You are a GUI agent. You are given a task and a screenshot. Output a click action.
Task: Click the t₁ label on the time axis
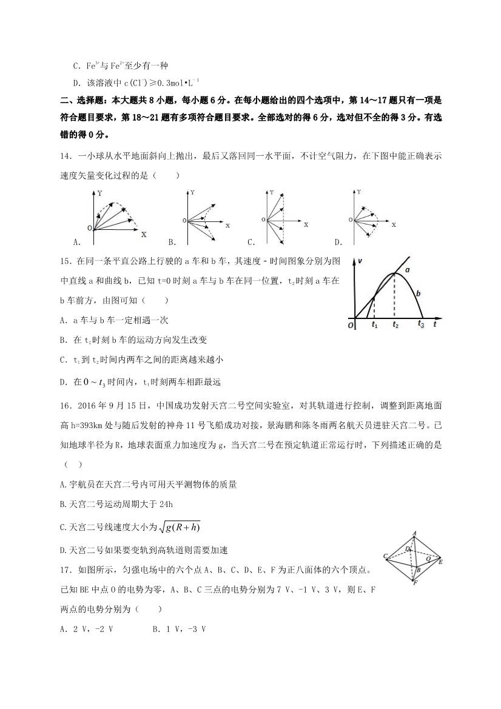pos(374,326)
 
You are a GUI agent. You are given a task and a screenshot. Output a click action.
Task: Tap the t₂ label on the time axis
pos(395,326)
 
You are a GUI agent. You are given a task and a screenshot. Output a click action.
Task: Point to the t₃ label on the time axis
pos(421,326)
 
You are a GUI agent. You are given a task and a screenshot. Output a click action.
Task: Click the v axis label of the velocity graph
pos(360,260)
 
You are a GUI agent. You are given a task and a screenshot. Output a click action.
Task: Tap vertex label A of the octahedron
pos(414,534)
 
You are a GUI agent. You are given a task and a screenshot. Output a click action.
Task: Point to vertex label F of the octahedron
pos(414,582)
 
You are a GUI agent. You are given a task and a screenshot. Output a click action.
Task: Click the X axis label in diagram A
pos(143,234)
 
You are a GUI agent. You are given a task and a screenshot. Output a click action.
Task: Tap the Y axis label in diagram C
pos(271,192)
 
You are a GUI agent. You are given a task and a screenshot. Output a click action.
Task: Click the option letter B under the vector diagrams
pos(172,242)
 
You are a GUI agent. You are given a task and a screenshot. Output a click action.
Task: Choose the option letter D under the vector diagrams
pos(337,242)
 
